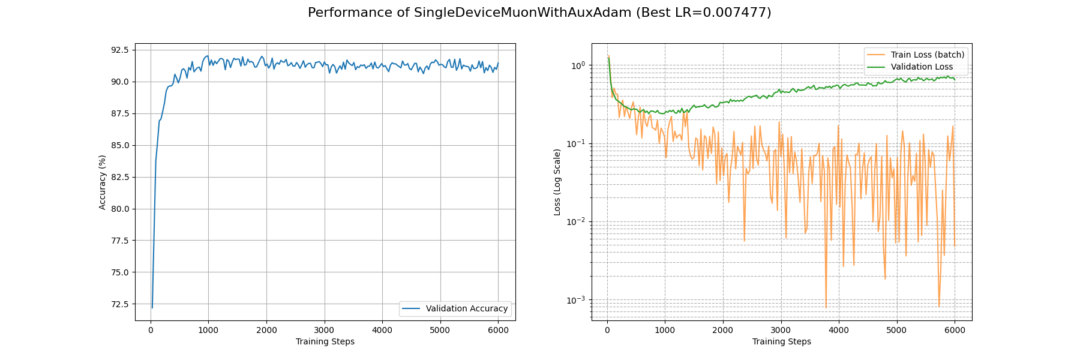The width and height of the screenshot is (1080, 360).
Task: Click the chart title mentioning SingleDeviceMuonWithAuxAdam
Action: coord(539,13)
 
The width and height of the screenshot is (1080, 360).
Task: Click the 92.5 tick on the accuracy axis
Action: coord(119,50)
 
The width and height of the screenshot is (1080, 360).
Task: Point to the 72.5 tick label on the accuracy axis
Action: coord(119,304)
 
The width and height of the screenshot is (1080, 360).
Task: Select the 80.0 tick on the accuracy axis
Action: coord(119,209)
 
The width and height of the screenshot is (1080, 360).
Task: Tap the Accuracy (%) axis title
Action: coord(103,182)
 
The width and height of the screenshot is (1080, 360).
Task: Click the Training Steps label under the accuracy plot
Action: coord(325,342)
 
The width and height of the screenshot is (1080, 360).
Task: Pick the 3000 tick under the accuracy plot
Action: coord(324,330)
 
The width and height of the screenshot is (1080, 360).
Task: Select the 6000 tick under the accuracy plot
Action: coord(498,330)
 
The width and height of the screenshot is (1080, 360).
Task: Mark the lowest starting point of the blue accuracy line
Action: coord(152,308)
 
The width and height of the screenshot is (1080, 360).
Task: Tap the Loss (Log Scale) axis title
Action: coord(557,182)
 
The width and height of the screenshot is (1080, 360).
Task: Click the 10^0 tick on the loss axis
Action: coord(577,65)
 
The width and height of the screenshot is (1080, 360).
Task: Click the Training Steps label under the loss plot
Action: coord(781,342)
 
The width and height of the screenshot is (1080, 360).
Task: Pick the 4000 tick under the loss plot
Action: coord(839,330)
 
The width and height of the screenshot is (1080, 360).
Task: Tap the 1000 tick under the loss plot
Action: coord(665,330)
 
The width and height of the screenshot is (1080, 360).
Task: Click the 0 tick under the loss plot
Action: coord(607,330)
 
